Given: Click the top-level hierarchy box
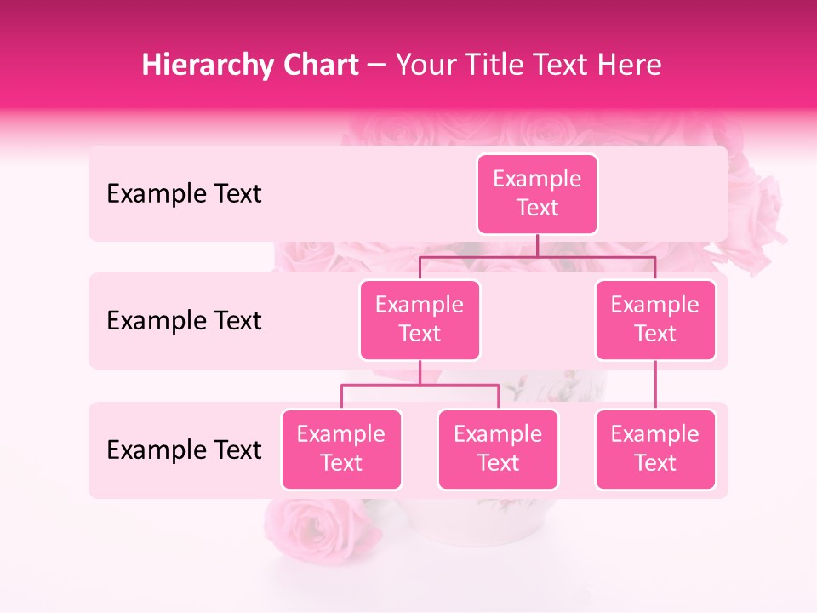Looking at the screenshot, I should point(537,194).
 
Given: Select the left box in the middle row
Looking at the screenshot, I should point(420,320).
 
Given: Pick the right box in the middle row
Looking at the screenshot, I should point(655,320).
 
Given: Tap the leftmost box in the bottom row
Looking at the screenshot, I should point(341,450).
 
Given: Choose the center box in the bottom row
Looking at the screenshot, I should point(498,450).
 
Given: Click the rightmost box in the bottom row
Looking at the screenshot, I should point(655,450).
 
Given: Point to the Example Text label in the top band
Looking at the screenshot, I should point(184,194).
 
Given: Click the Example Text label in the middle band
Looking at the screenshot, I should point(184,321).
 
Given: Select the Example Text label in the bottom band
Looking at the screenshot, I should point(184,450).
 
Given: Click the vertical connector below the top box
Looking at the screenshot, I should point(537,245).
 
